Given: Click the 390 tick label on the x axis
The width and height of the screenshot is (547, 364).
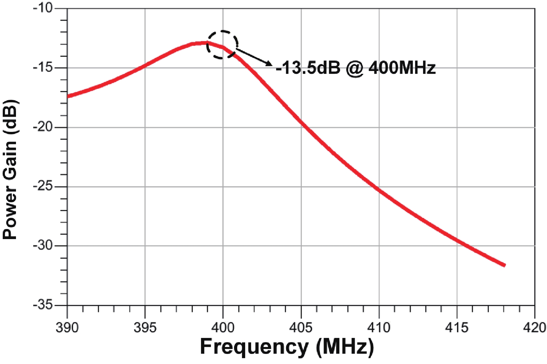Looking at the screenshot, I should coord(67,327).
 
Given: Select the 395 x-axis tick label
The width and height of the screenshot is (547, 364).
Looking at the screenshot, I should coord(145,327).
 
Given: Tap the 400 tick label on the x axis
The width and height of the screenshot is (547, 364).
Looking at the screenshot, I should coord(223,327).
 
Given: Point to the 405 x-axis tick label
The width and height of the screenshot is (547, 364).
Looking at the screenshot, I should coord(301,327).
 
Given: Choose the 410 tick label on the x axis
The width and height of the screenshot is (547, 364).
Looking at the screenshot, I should coord(379,327).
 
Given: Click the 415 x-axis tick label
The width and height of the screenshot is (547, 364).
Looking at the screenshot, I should coord(457,327).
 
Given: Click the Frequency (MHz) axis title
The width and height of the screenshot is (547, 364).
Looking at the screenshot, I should coord(287,347).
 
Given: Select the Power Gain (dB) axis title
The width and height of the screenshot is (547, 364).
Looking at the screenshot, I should coord(10,169).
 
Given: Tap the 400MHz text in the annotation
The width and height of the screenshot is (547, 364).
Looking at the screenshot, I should coord(402,68).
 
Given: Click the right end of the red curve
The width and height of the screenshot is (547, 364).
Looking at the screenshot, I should coord(504,265).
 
